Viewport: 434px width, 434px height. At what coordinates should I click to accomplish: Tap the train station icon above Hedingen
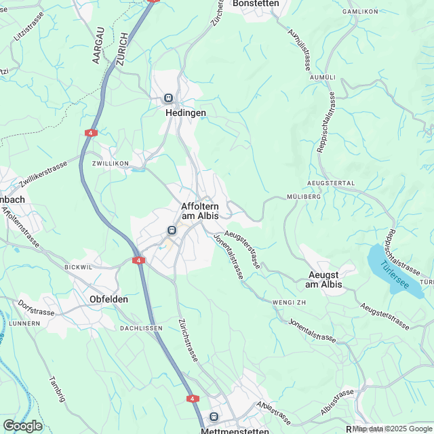(x=168, y=98)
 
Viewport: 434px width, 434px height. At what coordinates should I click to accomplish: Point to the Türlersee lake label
(x=395, y=275)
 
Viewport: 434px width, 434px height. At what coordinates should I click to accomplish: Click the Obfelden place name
(x=109, y=298)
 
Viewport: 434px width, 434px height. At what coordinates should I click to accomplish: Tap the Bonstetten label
(x=255, y=3)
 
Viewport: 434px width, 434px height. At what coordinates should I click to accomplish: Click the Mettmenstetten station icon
(x=214, y=416)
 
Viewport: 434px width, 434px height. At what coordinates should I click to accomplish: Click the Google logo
(x=22, y=425)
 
